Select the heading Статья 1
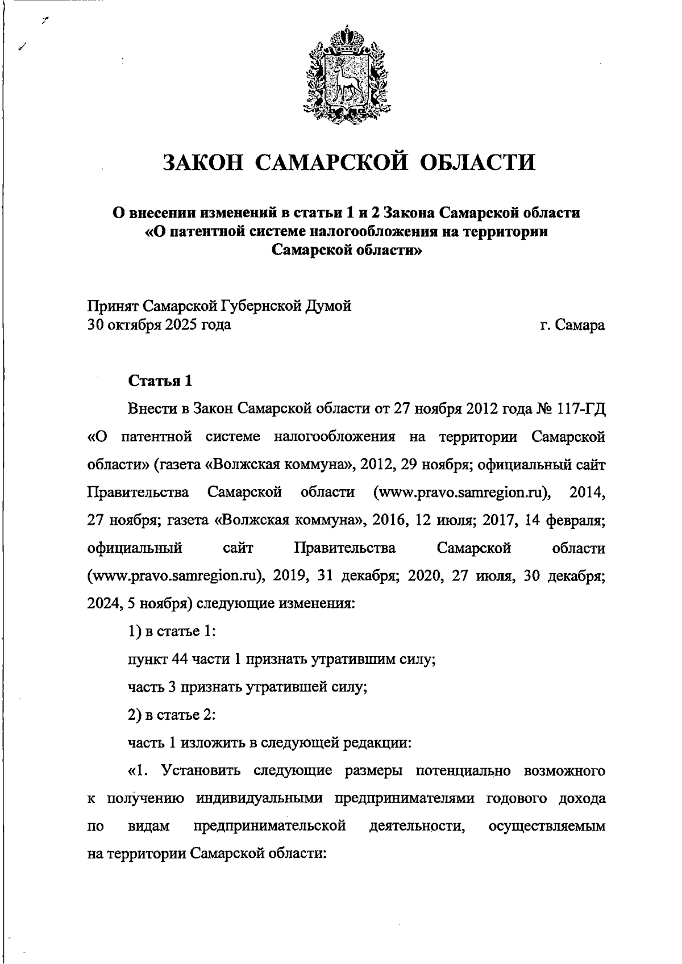[160, 380]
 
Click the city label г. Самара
[572, 325]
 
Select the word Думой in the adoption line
[329, 306]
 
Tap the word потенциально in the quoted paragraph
[463, 770]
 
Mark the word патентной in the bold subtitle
[202, 232]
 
